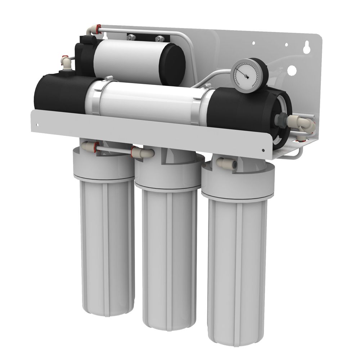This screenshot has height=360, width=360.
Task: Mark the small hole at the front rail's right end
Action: tap(263, 150)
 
